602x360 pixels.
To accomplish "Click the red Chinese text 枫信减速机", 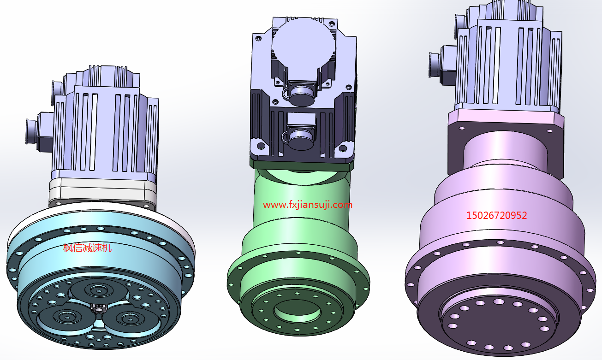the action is tap(87, 248).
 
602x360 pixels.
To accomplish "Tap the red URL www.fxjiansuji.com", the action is tap(307, 205).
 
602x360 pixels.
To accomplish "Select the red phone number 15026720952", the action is tap(496, 216).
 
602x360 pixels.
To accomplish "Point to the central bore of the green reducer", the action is tap(297, 311).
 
